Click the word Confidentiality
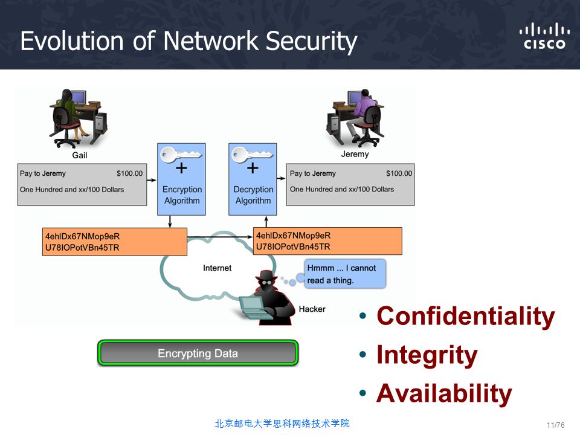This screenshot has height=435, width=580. point(466,316)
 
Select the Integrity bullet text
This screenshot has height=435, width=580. point(427,355)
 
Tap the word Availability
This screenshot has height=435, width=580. point(444,393)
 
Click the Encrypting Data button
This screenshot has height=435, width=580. point(198,353)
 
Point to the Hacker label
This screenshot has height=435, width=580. point(312,309)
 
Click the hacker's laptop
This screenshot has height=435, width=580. point(254,307)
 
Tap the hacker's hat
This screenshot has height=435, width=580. point(266,275)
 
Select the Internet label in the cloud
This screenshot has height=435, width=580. point(217,268)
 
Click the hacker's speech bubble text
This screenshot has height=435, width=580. point(341,274)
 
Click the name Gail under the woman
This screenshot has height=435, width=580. point(80,155)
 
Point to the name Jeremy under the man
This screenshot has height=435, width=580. point(355,154)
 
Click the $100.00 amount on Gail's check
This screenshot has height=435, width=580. point(129,173)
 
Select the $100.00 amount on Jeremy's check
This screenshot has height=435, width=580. point(399,173)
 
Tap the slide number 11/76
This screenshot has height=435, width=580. point(556,425)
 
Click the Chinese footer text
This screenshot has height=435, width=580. point(282,424)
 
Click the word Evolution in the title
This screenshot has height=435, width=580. point(72,40)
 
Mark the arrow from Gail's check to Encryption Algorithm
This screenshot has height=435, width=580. point(152,180)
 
